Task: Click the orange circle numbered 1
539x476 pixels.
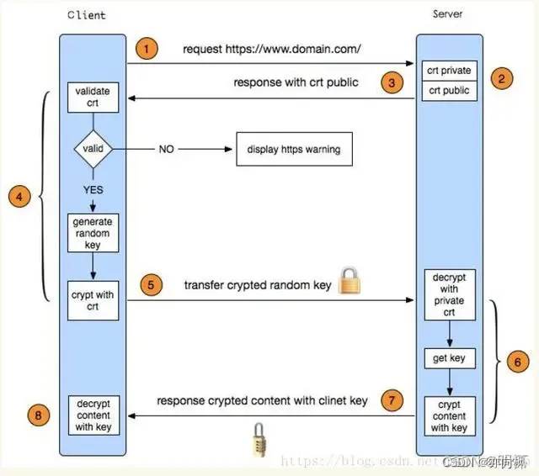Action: tap(147, 49)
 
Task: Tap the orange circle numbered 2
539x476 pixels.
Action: tap(501, 80)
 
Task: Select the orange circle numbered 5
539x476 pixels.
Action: tap(151, 285)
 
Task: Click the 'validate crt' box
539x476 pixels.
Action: tap(93, 96)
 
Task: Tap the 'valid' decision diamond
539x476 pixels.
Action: tap(93, 150)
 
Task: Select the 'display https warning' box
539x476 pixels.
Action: tap(293, 150)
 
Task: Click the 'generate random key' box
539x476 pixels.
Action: tap(93, 233)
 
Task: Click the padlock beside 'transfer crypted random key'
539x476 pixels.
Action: tap(350, 282)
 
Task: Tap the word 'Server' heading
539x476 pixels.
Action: tap(447, 14)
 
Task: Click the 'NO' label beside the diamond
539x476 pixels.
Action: tap(167, 150)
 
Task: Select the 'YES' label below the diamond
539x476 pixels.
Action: tap(93, 190)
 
